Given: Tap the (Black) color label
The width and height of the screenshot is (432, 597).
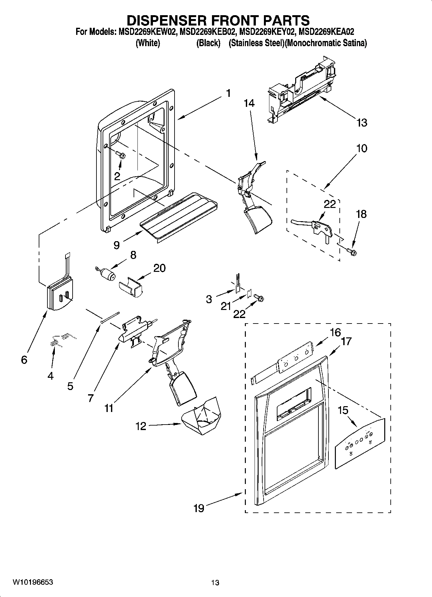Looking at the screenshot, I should pyautogui.click(x=208, y=43).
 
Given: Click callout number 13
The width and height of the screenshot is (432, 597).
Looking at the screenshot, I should pyautogui.click(x=362, y=123).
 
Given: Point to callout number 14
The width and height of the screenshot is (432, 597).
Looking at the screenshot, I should pyautogui.click(x=249, y=103).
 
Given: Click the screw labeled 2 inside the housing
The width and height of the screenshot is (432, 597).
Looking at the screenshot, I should pyautogui.click(x=122, y=155).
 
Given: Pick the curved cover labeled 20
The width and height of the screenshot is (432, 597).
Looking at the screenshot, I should pyautogui.click(x=131, y=286).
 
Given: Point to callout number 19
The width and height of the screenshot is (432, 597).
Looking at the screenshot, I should pyautogui.click(x=199, y=508).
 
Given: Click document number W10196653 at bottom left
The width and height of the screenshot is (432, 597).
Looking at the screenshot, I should pyautogui.click(x=33, y=582).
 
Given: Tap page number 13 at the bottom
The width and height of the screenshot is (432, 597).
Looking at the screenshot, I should pyautogui.click(x=215, y=582).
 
